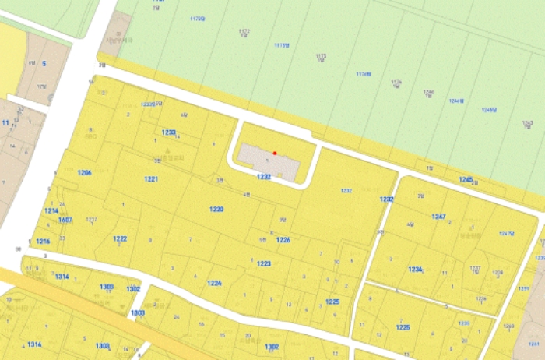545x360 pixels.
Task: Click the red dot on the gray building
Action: click(275, 153)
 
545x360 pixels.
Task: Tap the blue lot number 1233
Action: click(169, 132)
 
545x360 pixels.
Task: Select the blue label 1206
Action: click(85, 172)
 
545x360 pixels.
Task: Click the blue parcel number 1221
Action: click(151, 179)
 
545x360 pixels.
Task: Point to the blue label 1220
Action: click(216, 210)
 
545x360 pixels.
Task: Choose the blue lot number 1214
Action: click(51, 210)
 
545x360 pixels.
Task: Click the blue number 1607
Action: click(65, 220)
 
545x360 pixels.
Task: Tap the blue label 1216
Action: click(43, 242)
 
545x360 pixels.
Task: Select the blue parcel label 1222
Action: click(120, 238)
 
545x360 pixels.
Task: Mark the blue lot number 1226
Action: click(283, 240)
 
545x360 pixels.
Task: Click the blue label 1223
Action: click(264, 264)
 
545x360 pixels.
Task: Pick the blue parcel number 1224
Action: click(215, 283)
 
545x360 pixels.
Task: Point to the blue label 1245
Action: click(466, 180)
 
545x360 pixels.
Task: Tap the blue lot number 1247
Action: click(438, 216)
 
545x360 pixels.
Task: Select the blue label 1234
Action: click(415, 270)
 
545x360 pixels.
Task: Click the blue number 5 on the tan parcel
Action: click(44, 63)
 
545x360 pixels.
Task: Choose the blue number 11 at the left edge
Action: click(5, 122)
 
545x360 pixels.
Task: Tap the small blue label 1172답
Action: click(244, 32)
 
